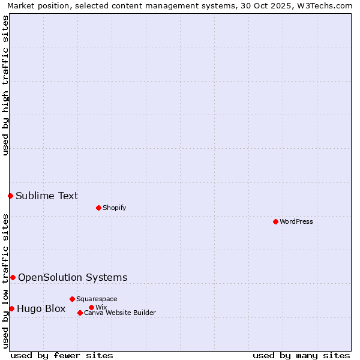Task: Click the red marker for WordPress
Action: [x=275, y=221]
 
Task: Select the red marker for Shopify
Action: [x=98, y=208]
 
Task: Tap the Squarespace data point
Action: [x=72, y=299]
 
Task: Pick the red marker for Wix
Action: [x=91, y=307]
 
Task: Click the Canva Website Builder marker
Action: [x=80, y=313]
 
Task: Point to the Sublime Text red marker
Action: [x=10, y=196]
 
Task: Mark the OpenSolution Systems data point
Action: [x=13, y=277]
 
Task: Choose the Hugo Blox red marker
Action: [x=11, y=308]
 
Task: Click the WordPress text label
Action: [x=296, y=221]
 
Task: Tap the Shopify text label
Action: [x=114, y=208]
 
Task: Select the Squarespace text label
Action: [x=97, y=299]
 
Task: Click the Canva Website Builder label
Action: [x=120, y=313]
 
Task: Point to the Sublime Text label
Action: [x=47, y=196]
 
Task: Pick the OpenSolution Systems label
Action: [x=73, y=277]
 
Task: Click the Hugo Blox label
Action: [x=41, y=309]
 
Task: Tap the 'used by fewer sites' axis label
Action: [x=62, y=355]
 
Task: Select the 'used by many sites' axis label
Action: [x=301, y=355]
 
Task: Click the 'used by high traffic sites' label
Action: [x=5, y=85]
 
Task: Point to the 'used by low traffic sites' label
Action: [x=5, y=281]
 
